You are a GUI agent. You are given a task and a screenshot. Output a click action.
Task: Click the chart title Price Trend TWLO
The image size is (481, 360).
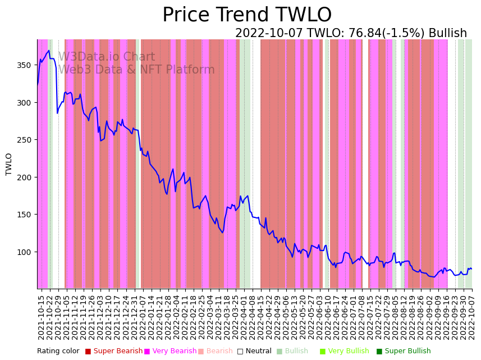click(x=247, y=15)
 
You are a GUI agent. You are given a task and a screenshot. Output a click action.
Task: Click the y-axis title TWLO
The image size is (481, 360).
click(x=9, y=164)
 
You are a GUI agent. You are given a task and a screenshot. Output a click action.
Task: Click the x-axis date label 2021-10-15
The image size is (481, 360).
click(x=41, y=317)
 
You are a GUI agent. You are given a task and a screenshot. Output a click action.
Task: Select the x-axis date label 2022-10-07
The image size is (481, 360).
click(x=472, y=317)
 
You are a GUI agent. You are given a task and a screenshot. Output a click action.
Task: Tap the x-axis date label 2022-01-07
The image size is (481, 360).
click(x=144, y=317)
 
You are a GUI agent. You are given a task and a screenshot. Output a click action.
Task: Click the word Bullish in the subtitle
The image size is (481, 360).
click(x=447, y=33)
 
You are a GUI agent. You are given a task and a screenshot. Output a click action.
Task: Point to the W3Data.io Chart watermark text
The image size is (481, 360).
click(x=107, y=57)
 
